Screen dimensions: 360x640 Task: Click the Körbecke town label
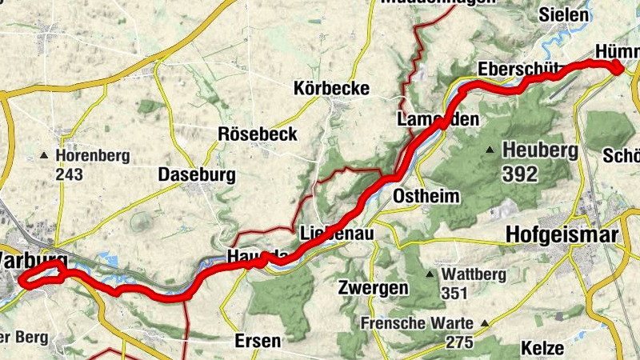(x=331, y=89)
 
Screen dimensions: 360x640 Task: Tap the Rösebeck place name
(x=258, y=134)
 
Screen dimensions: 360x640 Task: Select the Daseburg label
(x=196, y=174)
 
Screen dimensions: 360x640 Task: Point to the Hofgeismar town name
(x=562, y=235)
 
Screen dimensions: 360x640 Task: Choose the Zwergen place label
(x=374, y=287)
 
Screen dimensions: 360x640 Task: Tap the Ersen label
(x=258, y=341)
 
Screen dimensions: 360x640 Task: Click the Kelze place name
(x=542, y=348)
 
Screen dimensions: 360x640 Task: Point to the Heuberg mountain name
(x=539, y=150)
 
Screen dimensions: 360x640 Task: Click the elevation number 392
(x=520, y=173)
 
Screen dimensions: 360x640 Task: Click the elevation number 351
(x=454, y=294)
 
